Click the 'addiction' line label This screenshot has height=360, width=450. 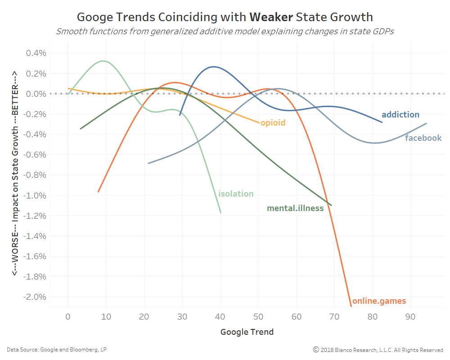point(400,115)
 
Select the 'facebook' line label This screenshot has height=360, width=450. point(423,138)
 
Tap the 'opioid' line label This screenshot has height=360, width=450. point(273,123)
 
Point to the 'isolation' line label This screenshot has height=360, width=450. point(236,194)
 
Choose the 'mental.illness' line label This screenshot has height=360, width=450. point(295,208)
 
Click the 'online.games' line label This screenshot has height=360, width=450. point(379,301)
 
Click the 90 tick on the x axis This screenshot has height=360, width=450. point(410,317)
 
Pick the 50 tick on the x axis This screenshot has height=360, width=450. point(258,317)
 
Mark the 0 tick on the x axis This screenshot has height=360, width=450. point(68,317)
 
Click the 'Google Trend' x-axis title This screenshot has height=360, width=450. point(247,333)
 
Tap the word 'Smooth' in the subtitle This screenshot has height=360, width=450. point(70,32)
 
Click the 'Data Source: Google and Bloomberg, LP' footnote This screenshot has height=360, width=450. point(57,350)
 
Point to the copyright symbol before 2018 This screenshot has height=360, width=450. point(316,350)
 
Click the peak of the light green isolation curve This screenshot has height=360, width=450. point(104,61)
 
